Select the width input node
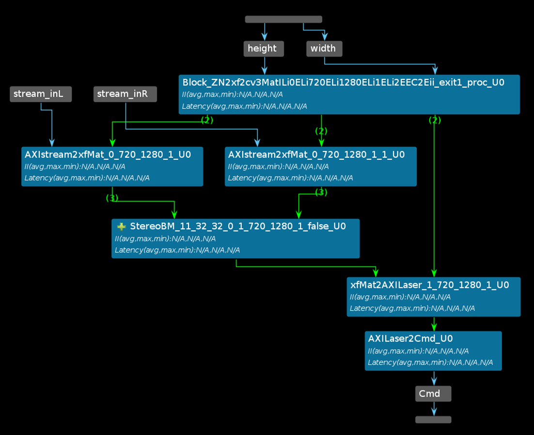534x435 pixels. coord(323,48)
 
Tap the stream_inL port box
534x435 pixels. coord(40,94)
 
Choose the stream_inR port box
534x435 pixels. coord(125,94)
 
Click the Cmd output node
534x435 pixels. coord(433,393)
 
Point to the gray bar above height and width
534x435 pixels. coord(283,19)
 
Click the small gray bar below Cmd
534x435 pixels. coord(433,420)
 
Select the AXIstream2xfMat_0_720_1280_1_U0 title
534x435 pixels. coord(108,155)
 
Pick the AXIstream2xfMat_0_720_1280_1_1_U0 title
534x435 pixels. coord(316,155)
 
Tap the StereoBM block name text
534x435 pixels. coord(237,226)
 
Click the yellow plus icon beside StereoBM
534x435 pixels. coord(121,226)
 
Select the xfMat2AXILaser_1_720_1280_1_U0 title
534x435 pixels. coord(429,285)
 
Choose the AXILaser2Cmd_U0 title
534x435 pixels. coord(410,339)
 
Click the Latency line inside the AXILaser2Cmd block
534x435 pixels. coord(430,362)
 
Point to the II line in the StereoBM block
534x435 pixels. coord(165,239)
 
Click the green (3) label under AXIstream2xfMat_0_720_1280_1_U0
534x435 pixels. coord(112,198)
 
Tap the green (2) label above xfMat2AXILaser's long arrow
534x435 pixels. coord(435,120)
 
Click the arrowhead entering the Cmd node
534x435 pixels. coord(434,382)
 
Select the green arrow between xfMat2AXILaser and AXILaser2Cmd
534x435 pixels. coord(434,323)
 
